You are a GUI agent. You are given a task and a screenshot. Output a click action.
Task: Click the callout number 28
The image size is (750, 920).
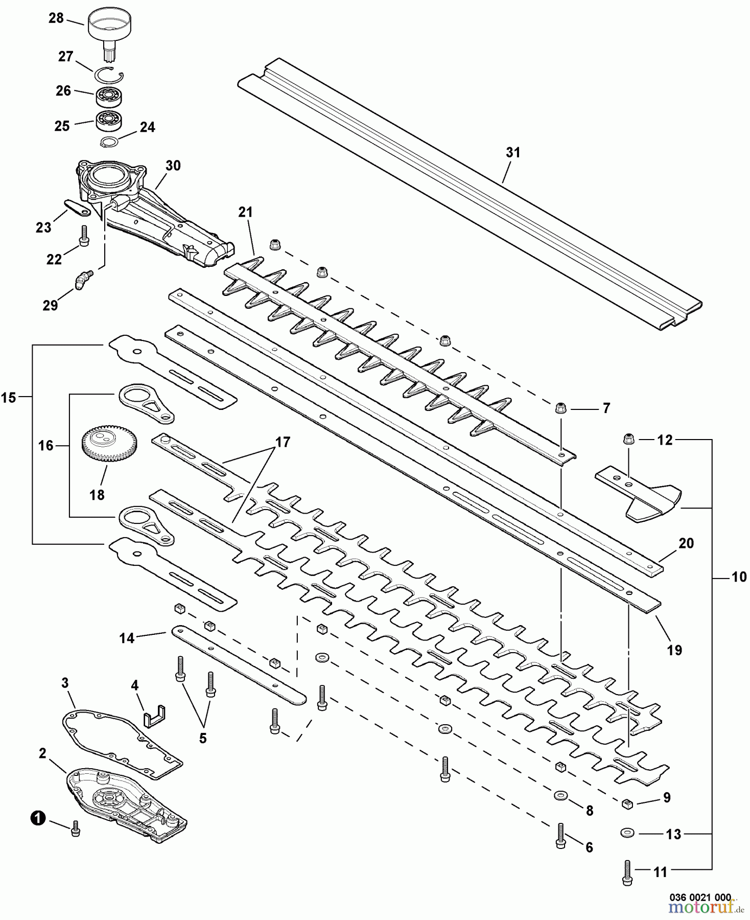click(x=56, y=18)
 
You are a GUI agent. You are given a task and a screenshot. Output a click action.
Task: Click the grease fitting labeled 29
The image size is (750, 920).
click(x=82, y=280)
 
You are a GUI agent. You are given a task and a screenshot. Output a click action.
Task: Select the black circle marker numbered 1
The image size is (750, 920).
click(x=37, y=819)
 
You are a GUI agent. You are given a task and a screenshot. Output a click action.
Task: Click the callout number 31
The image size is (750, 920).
click(x=513, y=152)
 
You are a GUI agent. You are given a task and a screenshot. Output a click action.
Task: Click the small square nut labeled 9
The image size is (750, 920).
click(x=627, y=803)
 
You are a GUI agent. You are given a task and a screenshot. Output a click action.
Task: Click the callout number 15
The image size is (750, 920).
click(x=9, y=397)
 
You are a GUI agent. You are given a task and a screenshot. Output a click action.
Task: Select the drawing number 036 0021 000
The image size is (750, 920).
click(x=700, y=897)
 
